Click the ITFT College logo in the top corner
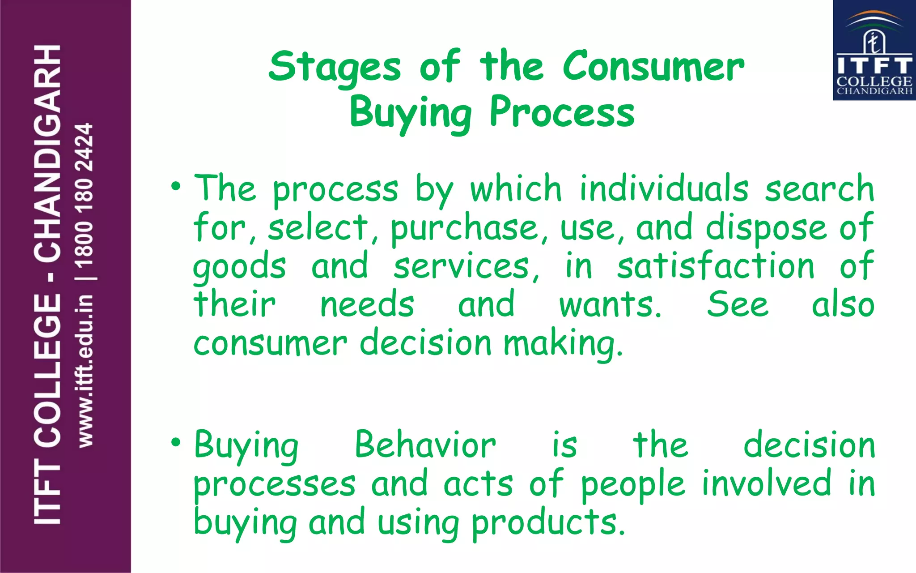874,50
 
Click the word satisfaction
716,266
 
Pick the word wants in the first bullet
610,305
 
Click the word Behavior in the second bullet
425,445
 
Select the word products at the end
547,523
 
